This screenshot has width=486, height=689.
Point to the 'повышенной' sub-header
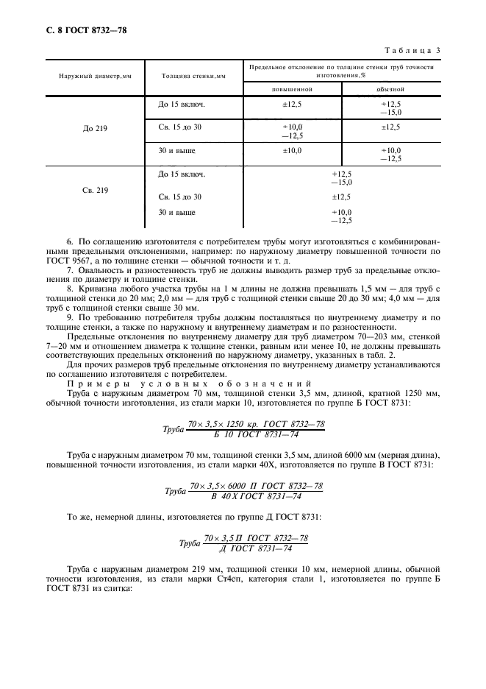(x=292, y=89)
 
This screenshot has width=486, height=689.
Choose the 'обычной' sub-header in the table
(x=390, y=89)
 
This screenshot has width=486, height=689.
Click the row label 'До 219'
(x=96, y=127)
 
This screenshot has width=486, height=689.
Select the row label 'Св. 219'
(x=96, y=190)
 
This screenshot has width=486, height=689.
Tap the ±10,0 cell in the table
(x=292, y=150)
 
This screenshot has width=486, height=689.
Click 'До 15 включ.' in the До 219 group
(x=182, y=105)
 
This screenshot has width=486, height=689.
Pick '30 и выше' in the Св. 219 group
(x=177, y=213)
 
